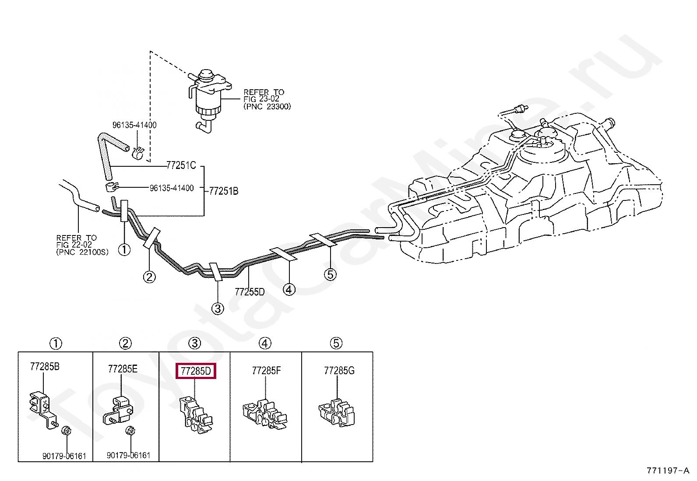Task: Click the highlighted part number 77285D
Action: click(196, 371)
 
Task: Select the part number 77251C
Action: click(181, 165)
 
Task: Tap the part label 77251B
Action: click(223, 191)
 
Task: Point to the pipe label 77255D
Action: click(250, 291)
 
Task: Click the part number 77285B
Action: click(45, 367)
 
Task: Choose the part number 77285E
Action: click(123, 369)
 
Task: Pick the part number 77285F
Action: click(266, 371)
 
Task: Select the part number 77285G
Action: click(339, 371)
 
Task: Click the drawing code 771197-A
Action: click(667, 471)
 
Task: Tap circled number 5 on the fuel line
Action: click(330, 274)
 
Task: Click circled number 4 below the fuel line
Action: click(289, 289)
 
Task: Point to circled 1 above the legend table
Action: click(56, 344)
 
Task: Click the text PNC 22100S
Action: click(82, 253)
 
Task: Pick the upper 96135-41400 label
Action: click(134, 125)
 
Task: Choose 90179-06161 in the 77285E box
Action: click(128, 456)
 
